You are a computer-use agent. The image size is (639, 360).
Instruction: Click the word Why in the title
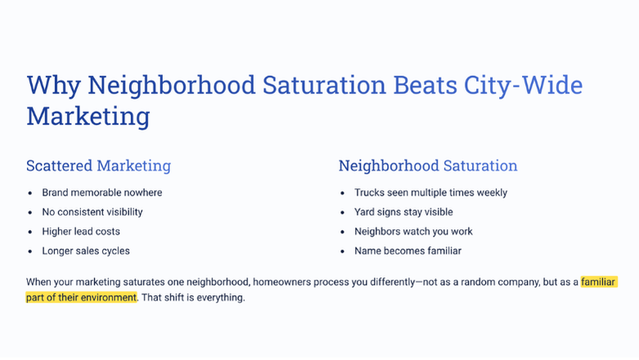coord(53,86)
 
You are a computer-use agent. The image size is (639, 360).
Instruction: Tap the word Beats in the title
coord(425,85)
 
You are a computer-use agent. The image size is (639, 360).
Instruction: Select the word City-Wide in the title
coord(524,86)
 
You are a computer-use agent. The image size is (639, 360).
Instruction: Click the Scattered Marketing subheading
coord(99,166)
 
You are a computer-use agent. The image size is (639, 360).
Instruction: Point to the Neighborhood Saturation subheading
coord(428,165)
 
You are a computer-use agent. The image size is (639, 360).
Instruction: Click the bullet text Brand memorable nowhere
coord(102,192)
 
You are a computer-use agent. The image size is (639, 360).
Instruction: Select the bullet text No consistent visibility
coord(92,212)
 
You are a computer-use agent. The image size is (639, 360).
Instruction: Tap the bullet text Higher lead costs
coord(81,232)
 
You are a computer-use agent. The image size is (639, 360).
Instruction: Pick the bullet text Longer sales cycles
coord(86,250)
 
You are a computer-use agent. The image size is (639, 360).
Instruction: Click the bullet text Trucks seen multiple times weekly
coord(430,192)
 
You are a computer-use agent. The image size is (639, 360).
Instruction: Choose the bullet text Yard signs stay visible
coord(403,212)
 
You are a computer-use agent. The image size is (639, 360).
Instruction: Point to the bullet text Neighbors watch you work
coord(413,232)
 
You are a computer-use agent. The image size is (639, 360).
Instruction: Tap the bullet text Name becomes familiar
coord(407,250)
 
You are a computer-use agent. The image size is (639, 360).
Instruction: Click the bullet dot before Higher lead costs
coord(30,232)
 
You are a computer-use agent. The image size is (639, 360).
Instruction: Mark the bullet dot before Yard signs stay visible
coord(342,213)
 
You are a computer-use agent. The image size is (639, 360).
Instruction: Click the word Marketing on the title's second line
coord(88,117)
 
